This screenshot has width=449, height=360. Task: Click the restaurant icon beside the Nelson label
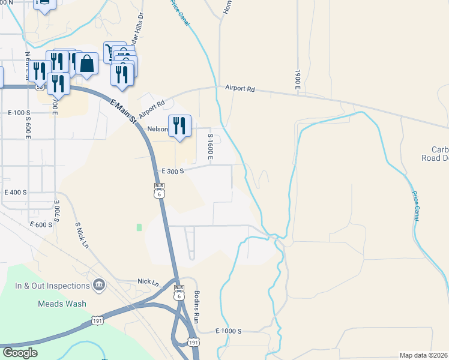click(179, 125)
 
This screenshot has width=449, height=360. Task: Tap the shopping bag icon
click(86, 64)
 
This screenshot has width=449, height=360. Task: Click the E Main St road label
click(124, 110)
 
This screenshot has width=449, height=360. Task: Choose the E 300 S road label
click(172, 170)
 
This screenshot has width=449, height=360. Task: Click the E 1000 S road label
click(228, 331)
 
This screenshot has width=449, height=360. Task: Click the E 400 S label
click(16, 193)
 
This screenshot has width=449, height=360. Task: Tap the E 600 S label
click(41, 224)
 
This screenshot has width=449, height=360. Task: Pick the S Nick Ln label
click(81, 235)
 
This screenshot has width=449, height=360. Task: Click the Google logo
click(19, 353)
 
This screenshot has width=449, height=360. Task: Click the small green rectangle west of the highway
click(139, 227)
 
